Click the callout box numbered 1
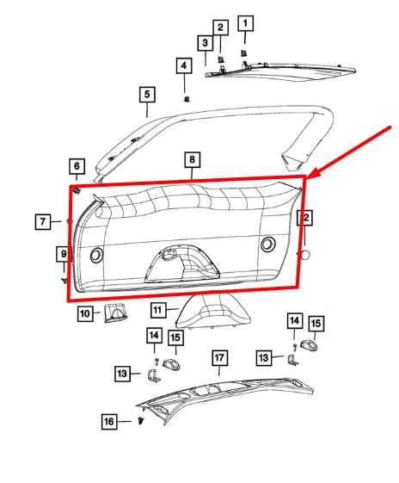pyautogui.click(x=245, y=23)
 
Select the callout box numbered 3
pyautogui.click(x=206, y=43)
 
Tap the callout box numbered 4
pyautogui.click(x=183, y=65)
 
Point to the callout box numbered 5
pyautogui.click(x=147, y=95)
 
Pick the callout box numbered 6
pyautogui.click(x=77, y=166)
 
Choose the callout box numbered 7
pyautogui.click(x=43, y=222)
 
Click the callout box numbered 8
pyautogui.click(x=192, y=160)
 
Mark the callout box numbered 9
pyautogui.click(x=63, y=254)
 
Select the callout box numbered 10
pyautogui.click(x=85, y=314)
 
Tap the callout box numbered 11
pyautogui.click(x=158, y=308)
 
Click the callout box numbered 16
pyautogui.click(x=108, y=422)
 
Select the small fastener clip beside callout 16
pyautogui.click(x=138, y=422)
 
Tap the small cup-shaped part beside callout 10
pyautogui.click(x=114, y=313)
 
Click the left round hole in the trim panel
pyautogui.click(x=95, y=254)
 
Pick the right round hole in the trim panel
pyautogui.click(x=267, y=245)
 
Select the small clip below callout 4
pyautogui.click(x=186, y=98)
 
